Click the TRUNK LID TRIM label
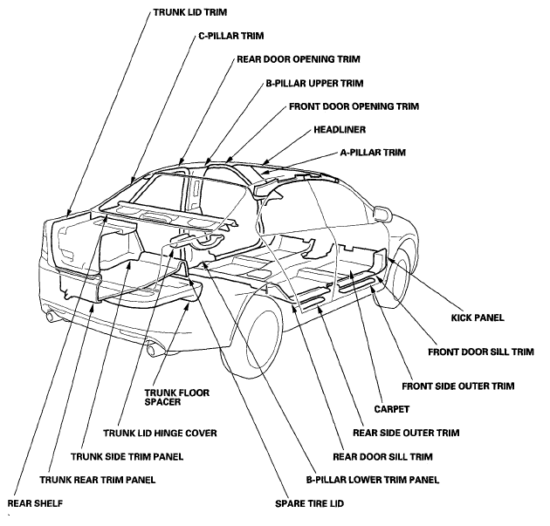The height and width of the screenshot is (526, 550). (x=189, y=12)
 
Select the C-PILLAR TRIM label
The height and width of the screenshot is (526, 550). (x=230, y=36)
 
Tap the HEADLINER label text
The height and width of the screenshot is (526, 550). (x=340, y=130)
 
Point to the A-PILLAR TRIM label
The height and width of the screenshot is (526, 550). (x=373, y=153)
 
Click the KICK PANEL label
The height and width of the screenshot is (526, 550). (x=478, y=318)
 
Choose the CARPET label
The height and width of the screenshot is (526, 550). (x=391, y=409)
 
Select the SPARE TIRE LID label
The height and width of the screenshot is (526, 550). (x=309, y=503)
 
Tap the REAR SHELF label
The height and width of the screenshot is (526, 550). (x=35, y=503)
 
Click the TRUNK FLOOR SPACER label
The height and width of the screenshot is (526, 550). (x=176, y=397)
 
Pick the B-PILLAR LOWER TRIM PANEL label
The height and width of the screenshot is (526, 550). (x=373, y=480)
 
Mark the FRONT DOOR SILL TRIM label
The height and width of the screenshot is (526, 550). (x=481, y=352)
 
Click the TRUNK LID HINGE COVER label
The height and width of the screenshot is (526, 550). (x=160, y=434)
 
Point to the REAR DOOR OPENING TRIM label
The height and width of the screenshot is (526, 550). (x=299, y=58)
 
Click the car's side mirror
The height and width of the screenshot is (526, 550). (x=382, y=213)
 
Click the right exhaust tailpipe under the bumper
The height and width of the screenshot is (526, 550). (x=154, y=349)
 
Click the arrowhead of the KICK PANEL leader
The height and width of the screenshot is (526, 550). (x=389, y=260)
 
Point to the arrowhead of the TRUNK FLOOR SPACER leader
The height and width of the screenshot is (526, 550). (x=189, y=305)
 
